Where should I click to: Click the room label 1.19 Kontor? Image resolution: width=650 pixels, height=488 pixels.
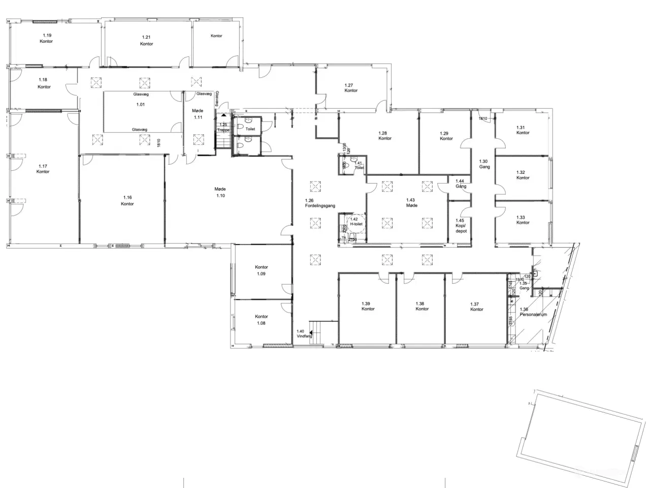click(46, 38)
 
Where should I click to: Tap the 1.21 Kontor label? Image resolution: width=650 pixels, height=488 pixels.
click(146, 41)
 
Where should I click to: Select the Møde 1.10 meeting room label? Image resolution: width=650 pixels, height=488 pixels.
click(220, 192)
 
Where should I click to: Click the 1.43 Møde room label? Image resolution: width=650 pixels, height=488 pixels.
click(411, 202)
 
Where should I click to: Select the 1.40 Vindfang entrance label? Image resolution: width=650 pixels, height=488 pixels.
click(304, 333)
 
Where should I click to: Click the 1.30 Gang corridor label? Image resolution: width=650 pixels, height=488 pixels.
click(484, 164)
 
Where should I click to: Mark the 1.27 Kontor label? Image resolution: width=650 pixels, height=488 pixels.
click(350, 88)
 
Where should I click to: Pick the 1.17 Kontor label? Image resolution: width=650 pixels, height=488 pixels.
click(43, 169)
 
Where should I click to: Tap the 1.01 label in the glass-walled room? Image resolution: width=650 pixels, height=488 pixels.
click(140, 105)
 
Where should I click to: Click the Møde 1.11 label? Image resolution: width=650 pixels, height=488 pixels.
click(198, 114)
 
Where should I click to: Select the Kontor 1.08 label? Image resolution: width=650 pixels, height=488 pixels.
click(262, 320)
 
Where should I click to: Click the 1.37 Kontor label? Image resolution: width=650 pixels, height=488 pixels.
click(476, 307)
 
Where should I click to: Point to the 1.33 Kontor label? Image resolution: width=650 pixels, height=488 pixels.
click(523, 220)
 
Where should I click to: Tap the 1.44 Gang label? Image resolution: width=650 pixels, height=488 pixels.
click(461, 184)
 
